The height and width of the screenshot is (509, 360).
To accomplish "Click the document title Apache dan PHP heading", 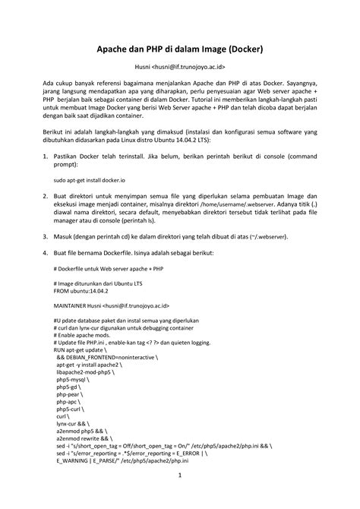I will point(179,50).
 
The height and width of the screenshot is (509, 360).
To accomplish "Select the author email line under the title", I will point(179,68).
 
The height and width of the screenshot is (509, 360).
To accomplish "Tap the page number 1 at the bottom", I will point(179,476).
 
